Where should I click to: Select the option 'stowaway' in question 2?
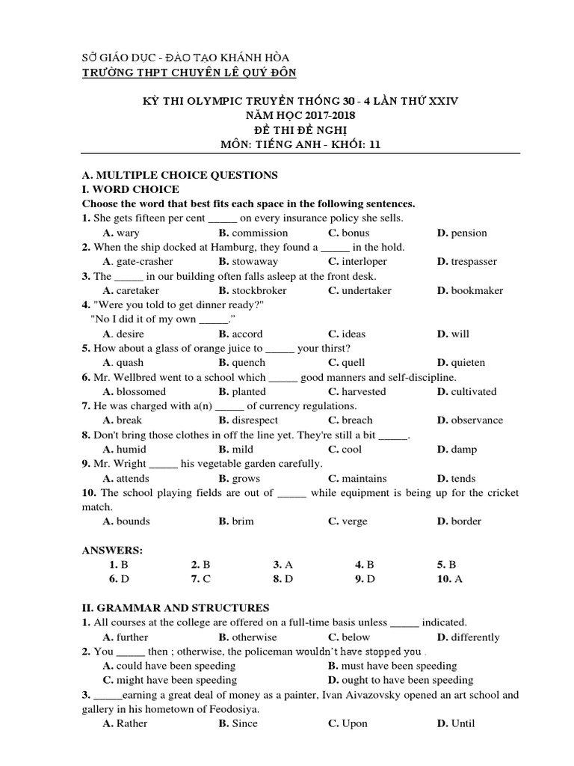pos(254,262)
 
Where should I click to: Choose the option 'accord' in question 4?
pos(247,334)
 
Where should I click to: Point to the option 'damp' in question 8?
pos(463,450)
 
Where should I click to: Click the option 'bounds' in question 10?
pos(133,521)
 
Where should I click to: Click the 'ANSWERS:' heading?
pos(111,551)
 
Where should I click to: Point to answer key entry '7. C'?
pos(201,579)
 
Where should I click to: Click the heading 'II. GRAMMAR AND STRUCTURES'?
pos(176,608)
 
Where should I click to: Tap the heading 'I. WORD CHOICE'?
pos(131,189)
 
